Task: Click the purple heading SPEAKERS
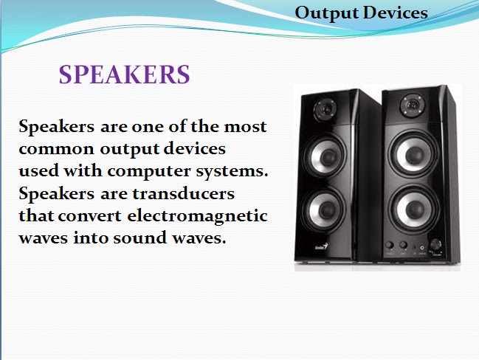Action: (x=124, y=75)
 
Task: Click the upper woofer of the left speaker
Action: (x=325, y=156)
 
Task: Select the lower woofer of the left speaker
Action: (x=326, y=206)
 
